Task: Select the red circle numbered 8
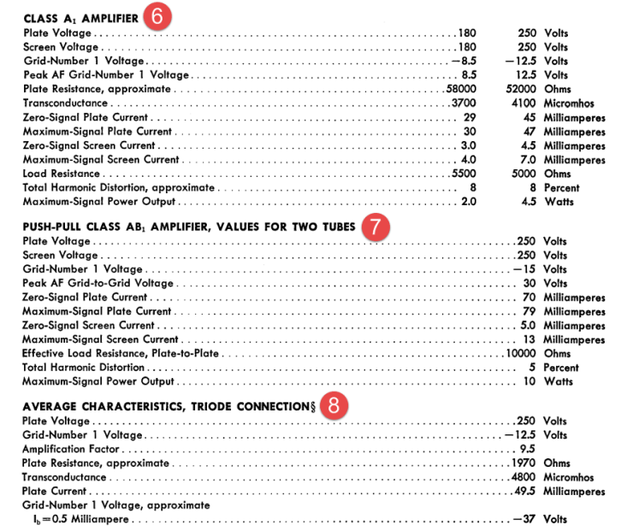click(x=339, y=405)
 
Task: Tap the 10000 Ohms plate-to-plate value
click(x=523, y=353)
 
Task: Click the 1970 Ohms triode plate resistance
click(x=525, y=463)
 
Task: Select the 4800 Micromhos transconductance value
click(x=525, y=477)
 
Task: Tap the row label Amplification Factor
click(x=71, y=449)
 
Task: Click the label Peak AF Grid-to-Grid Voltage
click(x=98, y=283)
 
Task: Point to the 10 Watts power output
click(x=530, y=381)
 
